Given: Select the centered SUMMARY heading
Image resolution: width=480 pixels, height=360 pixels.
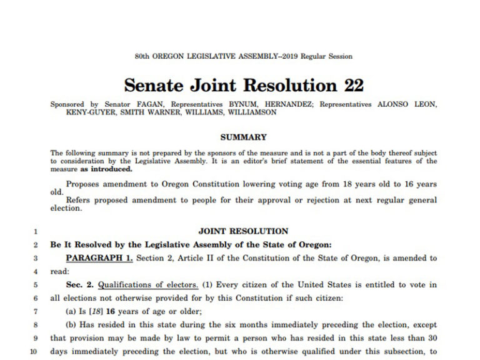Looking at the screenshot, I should pos(243,137).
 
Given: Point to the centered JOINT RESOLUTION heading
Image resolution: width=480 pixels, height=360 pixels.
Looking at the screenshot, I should pos(243,231).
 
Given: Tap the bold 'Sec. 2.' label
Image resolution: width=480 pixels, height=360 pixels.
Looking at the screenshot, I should pos(81,285).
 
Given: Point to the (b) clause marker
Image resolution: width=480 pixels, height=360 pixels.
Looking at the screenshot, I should pos(72,325).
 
